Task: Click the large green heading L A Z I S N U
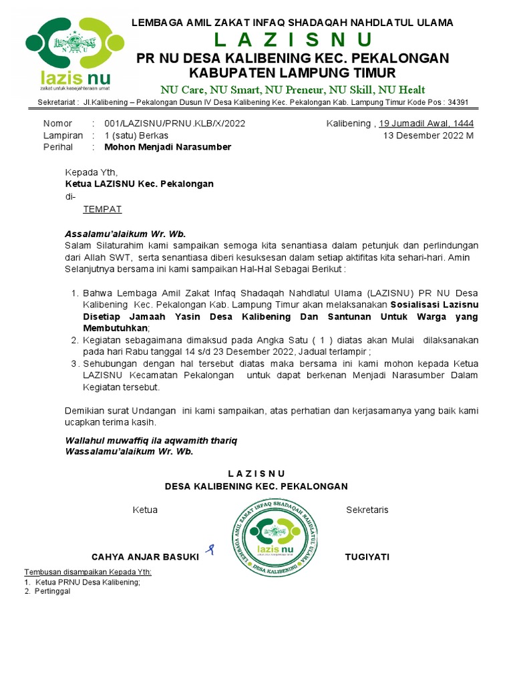pos(293,39)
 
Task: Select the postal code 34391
pos(458,102)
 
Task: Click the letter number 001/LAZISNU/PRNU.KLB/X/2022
pos(174,124)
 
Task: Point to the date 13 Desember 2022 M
pos(428,136)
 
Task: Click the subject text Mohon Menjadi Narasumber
pos(162,147)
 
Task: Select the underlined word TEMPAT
pos(102,209)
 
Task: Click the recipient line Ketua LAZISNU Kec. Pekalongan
pos(139,184)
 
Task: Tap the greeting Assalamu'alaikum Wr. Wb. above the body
pos(125,234)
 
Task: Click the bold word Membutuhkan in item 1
pos(115,329)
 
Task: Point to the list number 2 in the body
pos(73,340)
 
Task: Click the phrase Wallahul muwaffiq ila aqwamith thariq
pos(150,441)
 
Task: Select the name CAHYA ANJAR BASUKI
pos(145,556)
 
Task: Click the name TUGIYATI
pos(367,556)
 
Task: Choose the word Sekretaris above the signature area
pos(367,510)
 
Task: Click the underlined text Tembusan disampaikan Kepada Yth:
pos(88,572)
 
